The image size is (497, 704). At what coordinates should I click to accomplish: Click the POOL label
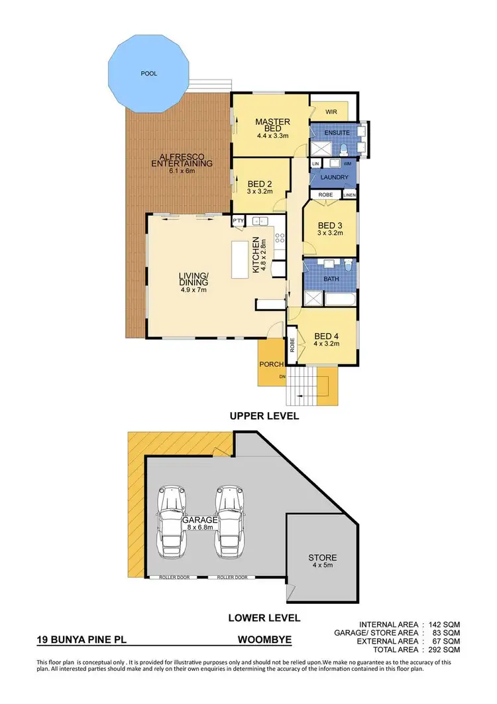[149, 74]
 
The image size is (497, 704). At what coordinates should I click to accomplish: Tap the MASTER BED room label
[271, 125]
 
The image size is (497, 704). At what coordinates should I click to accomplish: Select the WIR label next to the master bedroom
[332, 112]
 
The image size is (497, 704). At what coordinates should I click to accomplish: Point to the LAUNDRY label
[335, 177]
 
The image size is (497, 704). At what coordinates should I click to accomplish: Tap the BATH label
[331, 279]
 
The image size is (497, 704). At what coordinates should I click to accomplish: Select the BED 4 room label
[327, 339]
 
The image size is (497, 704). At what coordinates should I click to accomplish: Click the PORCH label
[272, 364]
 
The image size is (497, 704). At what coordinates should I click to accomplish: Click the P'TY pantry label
[239, 220]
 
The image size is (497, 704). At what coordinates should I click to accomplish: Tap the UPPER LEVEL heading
[264, 417]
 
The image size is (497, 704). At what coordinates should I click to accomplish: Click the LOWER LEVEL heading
[264, 618]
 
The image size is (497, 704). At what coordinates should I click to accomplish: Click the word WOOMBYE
[266, 642]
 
